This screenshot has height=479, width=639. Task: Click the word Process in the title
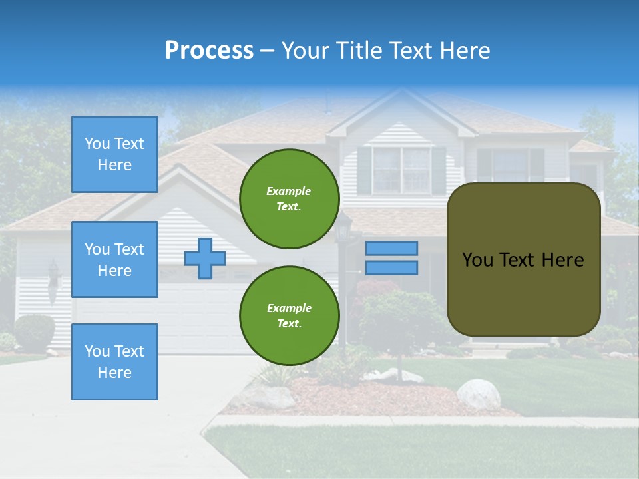click(209, 51)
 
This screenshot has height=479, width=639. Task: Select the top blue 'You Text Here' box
click(114, 154)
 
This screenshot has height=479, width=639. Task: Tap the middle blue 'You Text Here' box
click(114, 259)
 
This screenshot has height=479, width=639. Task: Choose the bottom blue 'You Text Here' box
click(114, 362)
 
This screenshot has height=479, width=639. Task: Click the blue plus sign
click(205, 258)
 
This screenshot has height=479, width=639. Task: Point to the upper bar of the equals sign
click(391, 248)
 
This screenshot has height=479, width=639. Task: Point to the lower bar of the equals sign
click(391, 267)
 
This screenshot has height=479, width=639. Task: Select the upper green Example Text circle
click(289, 199)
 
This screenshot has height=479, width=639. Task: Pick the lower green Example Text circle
click(289, 316)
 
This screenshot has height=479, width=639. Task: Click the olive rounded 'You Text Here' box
click(523, 259)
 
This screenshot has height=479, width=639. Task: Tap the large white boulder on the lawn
click(478, 394)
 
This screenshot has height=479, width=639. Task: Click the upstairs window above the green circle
click(401, 169)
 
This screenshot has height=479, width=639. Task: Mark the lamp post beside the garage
click(344, 279)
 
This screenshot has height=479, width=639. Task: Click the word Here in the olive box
click(562, 260)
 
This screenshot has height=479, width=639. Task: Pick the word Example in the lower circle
click(289, 308)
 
